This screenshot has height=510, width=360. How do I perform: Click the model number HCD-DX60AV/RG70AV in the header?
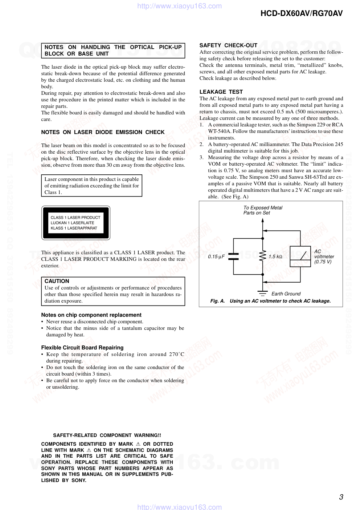[x=301, y=13]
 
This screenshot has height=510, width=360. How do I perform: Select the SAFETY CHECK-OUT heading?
[x=228, y=45]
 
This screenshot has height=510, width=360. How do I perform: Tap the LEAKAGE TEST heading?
[x=221, y=92]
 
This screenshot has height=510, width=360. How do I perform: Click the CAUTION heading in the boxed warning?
[x=57, y=281]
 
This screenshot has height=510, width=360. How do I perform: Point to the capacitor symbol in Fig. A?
[x=233, y=256]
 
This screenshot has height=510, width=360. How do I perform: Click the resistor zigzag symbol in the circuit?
[x=263, y=256]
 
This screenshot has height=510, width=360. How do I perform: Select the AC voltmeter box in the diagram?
[x=300, y=256]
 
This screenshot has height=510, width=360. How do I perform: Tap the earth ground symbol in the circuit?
[x=263, y=293]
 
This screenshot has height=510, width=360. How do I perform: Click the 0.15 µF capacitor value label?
[x=216, y=257]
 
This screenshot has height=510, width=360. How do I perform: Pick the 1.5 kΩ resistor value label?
[x=275, y=257]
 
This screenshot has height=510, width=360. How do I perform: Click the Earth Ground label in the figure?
[x=286, y=294]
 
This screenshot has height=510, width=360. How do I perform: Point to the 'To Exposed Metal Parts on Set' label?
[x=263, y=210]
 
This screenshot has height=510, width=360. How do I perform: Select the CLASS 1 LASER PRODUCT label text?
[x=75, y=218]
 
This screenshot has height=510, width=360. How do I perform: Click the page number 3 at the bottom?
[x=341, y=497]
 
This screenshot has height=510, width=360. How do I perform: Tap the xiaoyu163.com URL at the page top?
[x=180, y=6]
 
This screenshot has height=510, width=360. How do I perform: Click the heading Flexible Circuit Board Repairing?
[x=82, y=348]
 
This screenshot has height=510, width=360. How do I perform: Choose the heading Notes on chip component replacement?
[x=91, y=315]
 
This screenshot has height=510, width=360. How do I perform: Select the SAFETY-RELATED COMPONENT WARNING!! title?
[x=107, y=435]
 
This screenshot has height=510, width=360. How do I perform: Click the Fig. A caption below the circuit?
[x=270, y=301]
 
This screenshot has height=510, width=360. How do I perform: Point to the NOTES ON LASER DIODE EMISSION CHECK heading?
[x=103, y=132]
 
